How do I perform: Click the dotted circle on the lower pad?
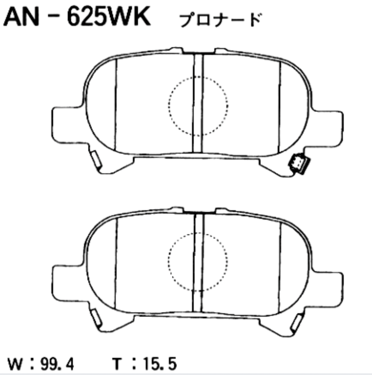click(x=198, y=262)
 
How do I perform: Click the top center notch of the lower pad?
click(x=198, y=211)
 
